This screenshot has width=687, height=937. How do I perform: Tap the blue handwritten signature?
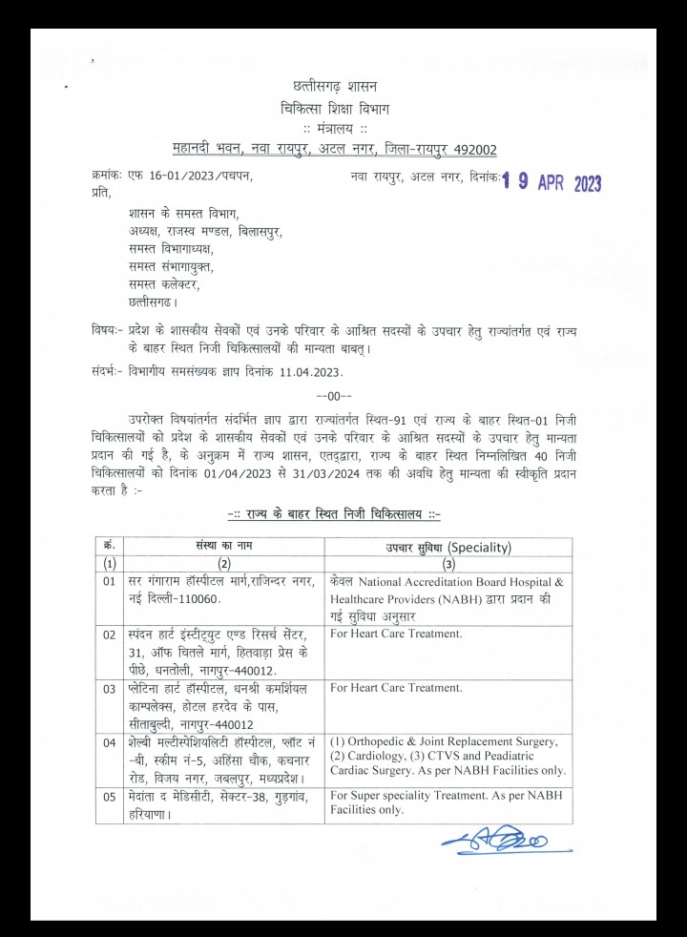(493, 841)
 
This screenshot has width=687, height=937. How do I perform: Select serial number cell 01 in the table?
(109, 580)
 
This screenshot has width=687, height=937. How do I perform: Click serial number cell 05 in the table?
(109, 794)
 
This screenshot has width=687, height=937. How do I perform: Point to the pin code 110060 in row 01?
(188, 598)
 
